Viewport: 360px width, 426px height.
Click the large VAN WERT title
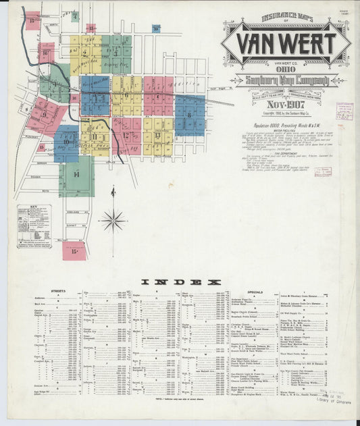[x=286, y=45]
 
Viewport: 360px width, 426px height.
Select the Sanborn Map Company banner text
[x=286, y=82]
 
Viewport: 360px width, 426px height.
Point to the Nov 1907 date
[x=286, y=105]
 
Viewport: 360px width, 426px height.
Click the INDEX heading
[x=180, y=282]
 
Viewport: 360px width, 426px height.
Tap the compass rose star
[x=113, y=219]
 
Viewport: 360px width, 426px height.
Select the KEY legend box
[x=34, y=226]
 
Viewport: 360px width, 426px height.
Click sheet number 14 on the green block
[x=76, y=175]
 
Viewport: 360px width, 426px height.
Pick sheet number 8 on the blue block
[x=189, y=115]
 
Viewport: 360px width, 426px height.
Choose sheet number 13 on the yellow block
[x=157, y=135]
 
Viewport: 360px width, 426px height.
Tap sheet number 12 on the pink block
[x=126, y=135]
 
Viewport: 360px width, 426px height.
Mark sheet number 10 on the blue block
[x=66, y=142]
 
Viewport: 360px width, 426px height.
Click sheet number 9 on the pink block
[x=44, y=114]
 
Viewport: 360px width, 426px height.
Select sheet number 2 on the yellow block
[x=85, y=52]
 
